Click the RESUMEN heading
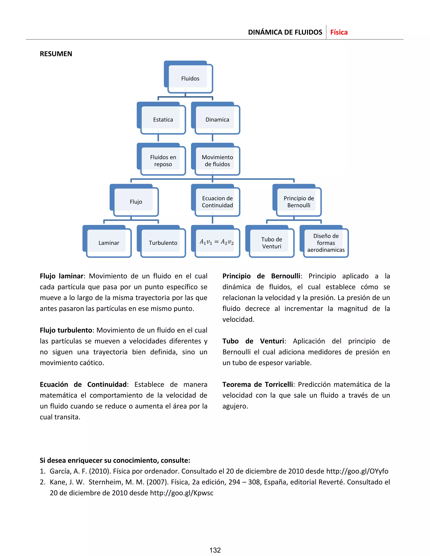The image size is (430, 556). pyautogui.click(x=56, y=54)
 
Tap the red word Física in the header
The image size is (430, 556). pyautogui.click(x=339, y=32)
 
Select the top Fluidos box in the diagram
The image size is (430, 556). pyautogui.click(x=190, y=78)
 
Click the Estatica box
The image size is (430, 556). pyautogui.click(x=163, y=120)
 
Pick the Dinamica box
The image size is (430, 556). pyautogui.click(x=217, y=120)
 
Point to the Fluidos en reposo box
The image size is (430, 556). pyautogui.click(x=163, y=161)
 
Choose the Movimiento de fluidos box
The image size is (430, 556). pyautogui.click(x=217, y=161)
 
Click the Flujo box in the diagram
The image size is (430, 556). pyautogui.click(x=136, y=202)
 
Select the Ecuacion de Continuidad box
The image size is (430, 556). pyautogui.click(x=217, y=202)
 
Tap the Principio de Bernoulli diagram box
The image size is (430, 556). pyautogui.click(x=299, y=202)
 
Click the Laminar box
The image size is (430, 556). pyautogui.click(x=109, y=243)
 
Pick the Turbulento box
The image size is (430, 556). pyautogui.click(x=163, y=243)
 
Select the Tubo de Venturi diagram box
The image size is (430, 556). pyautogui.click(x=271, y=243)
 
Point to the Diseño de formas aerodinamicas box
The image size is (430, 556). pyautogui.click(x=326, y=243)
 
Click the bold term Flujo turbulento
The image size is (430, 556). pyautogui.click(x=66, y=330)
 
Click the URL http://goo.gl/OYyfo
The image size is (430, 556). pyautogui.click(x=357, y=471)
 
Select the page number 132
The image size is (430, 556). pyautogui.click(x=215, y=550)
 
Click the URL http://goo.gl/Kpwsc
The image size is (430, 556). pyautogui.click(x=181, y=493)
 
